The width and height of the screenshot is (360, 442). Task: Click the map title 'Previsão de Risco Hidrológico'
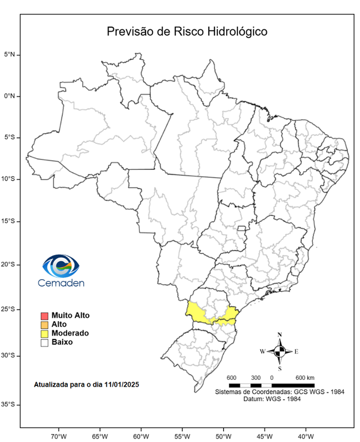pyautogui.click(x=187, y=31)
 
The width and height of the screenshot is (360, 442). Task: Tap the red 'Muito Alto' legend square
pyautogui.click(x=44, y=316)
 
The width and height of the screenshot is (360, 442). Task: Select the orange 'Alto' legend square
pyautogui.click(x=44, y=325)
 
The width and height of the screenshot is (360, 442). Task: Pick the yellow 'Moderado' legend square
pyautogui.click(x=44, y=333)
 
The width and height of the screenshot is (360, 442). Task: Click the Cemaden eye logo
pyautogui.click(x=60, y=265)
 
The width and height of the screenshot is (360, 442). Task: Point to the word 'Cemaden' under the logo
pyautogui.click(x=60, y=283)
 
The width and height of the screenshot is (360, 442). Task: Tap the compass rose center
pyautogui.click(x=279, y=350)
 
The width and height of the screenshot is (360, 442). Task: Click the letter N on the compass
pyautogui.click(x=279, y=335)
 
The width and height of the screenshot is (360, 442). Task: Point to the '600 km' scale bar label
pyautogui.click(x=305, y=378)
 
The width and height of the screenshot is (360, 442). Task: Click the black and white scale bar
pyautogui.click(x=271, y=384)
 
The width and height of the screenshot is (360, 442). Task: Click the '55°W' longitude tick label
pyautogui.click(x=182, y=435)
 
